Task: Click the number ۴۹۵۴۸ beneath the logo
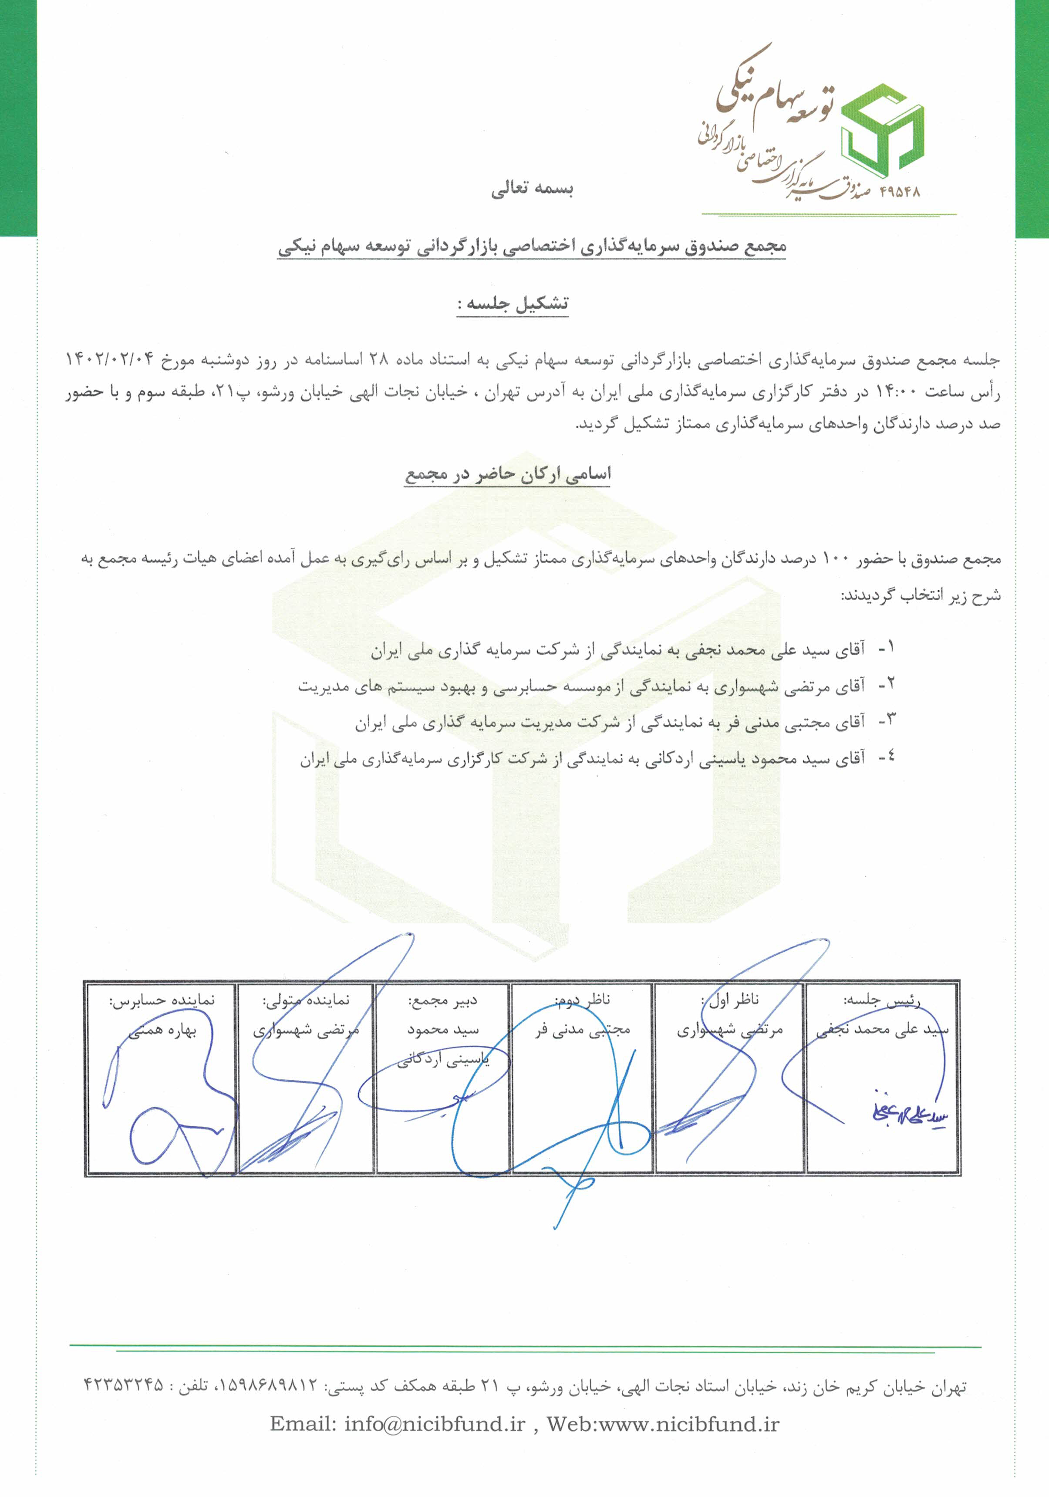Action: tap(899, 192)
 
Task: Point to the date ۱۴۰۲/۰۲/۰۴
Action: tap(110, 359)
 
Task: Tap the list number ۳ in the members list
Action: tap(887, 720)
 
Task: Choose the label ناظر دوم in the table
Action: tap(582, 1000)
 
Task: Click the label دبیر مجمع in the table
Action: tap(443, 1000)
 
